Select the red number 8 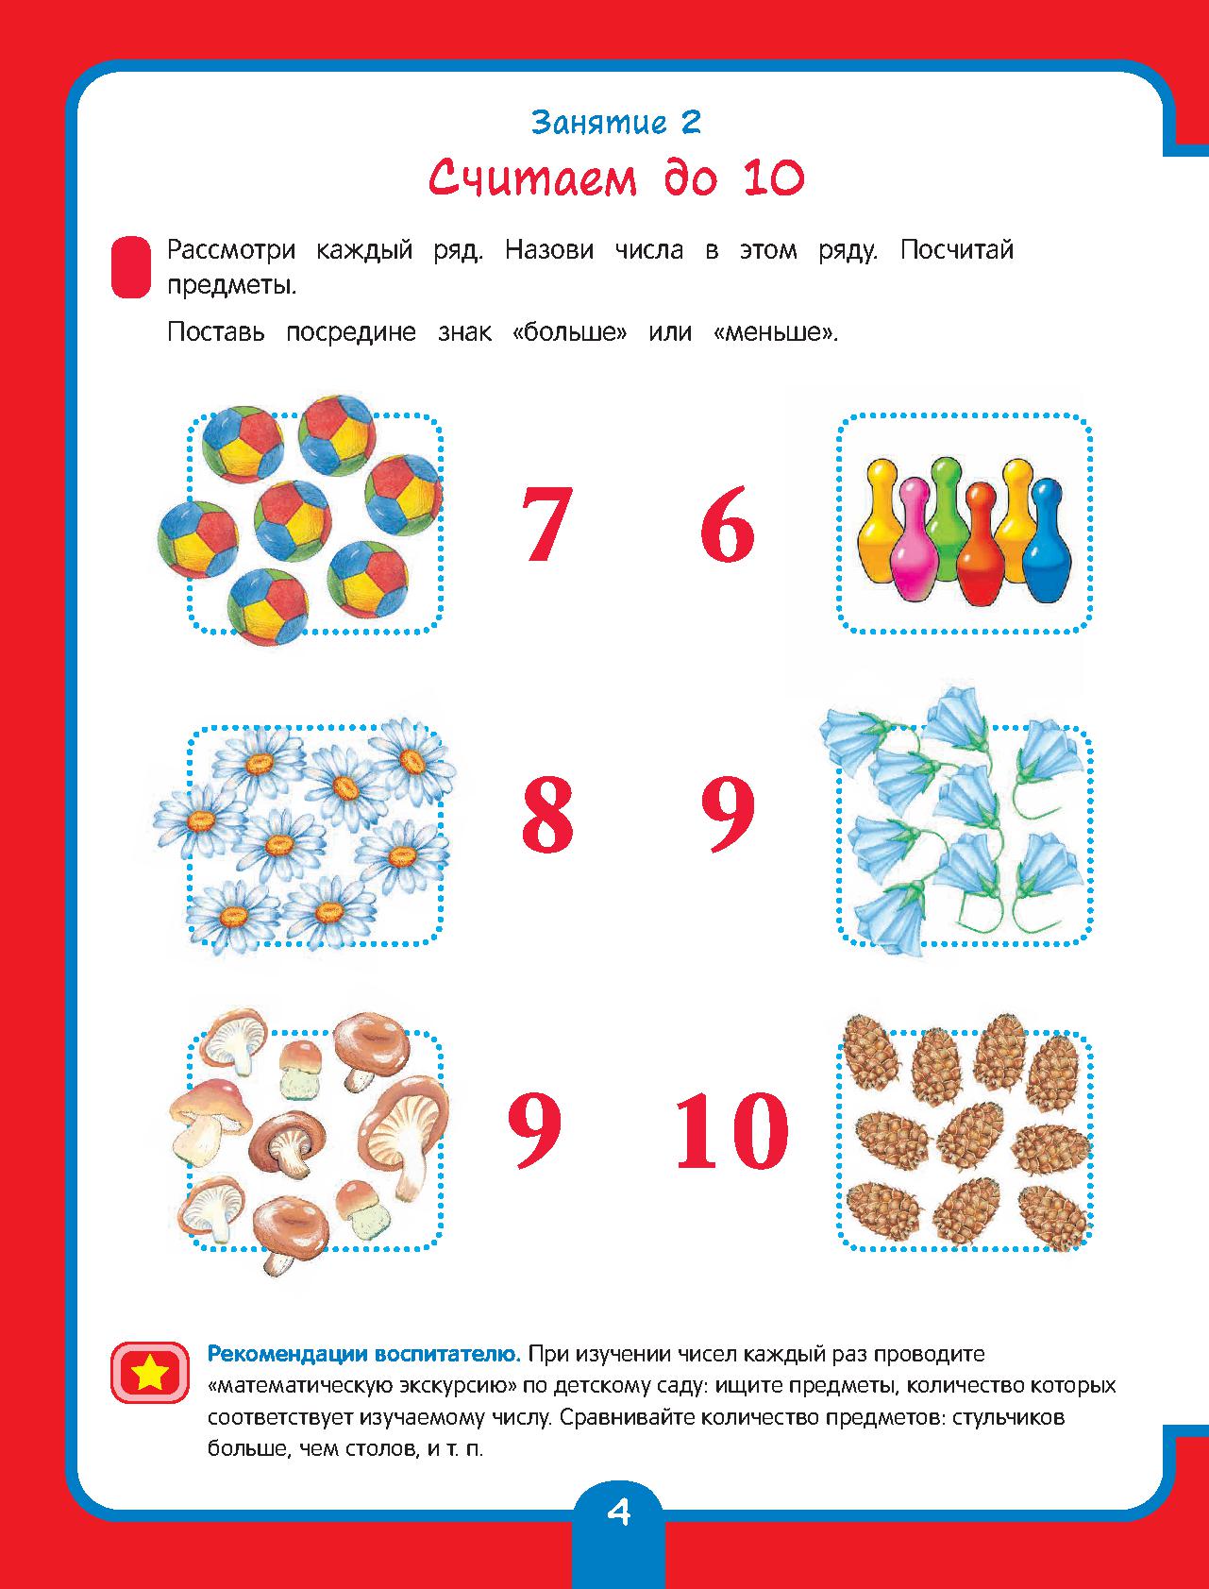546,814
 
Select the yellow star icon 148,1372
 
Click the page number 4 618,1513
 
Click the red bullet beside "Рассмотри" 131,268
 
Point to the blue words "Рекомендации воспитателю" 364,1354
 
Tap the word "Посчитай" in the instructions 957,250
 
